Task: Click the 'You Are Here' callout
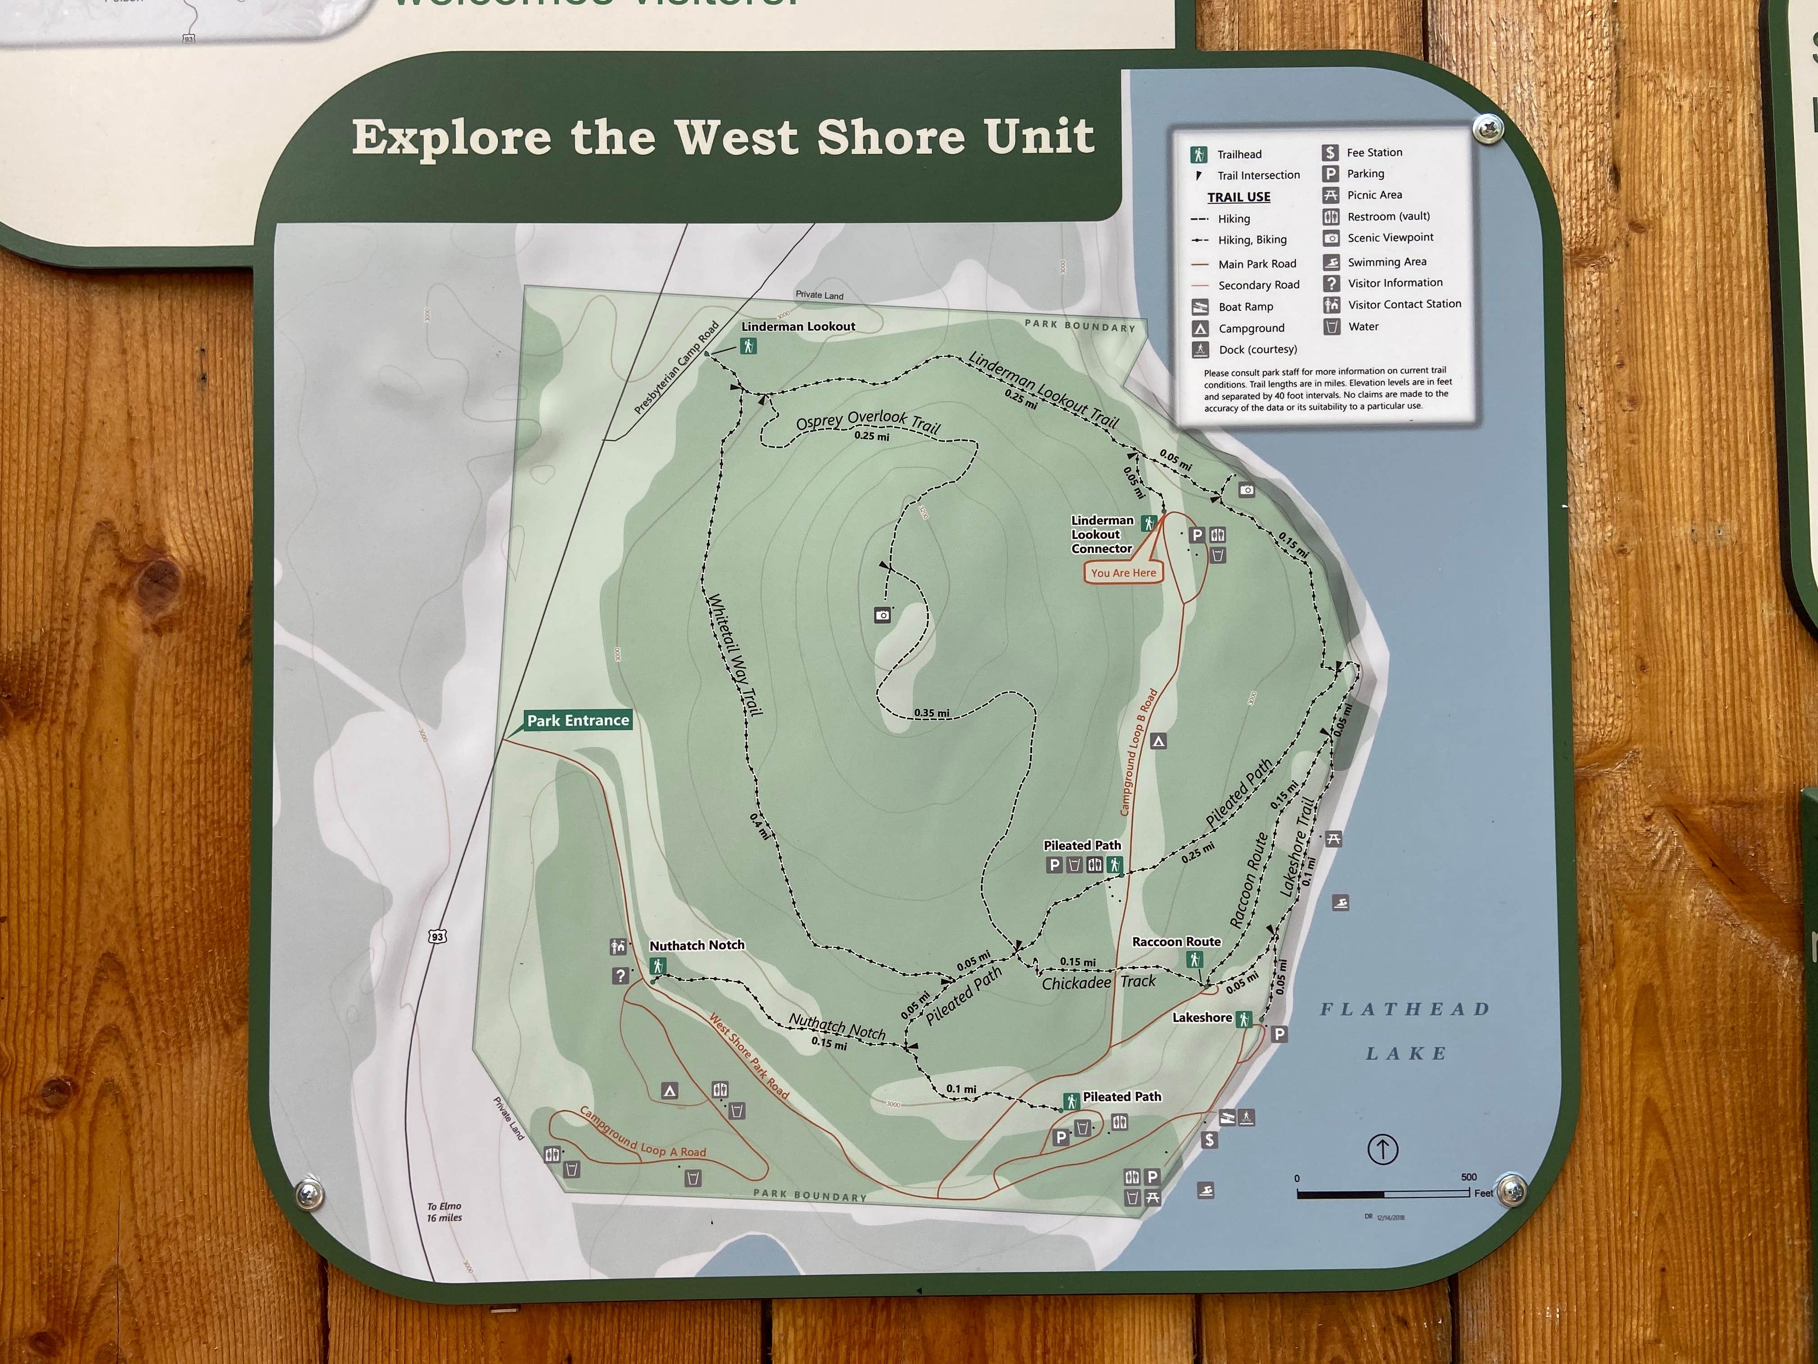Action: click(1123, 573)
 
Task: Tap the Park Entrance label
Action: click(578, 720)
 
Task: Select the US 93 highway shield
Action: click(437, 936)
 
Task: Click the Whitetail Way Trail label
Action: click(735, 654)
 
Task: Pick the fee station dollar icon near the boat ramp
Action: click(1209, 1139)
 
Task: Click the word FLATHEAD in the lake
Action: click(1405, 1009)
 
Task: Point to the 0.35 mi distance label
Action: click(931, 713)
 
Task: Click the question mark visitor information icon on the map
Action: click(620, 976)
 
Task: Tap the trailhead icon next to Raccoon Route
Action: click(1194, 959)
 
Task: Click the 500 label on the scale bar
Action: click(1469, 1176)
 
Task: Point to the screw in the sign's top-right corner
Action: click(1487, 128)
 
